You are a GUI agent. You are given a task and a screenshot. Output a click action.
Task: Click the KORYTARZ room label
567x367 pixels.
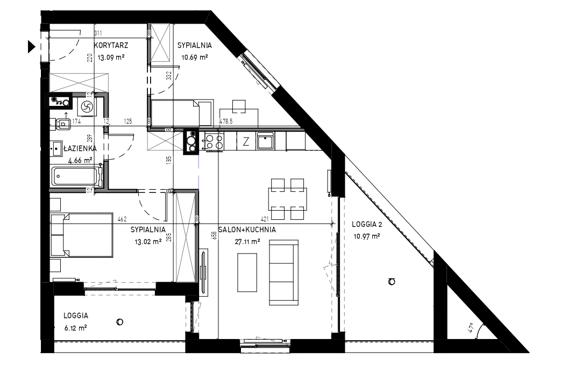[111, 46]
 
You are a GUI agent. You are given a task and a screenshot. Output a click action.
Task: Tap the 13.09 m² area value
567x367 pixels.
[111, 57]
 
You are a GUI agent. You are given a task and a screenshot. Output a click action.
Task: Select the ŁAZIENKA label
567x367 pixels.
[80, 148]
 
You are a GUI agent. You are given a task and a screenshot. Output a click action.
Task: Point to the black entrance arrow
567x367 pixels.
[31, 47]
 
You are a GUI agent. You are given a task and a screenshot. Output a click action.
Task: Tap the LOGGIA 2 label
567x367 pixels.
[367, 224]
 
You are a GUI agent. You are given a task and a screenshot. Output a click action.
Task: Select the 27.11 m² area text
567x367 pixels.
[247, 242]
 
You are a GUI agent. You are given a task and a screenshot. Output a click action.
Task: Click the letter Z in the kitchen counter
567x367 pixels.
[246, 142]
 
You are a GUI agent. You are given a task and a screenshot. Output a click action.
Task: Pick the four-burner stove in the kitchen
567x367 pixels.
[214, 141]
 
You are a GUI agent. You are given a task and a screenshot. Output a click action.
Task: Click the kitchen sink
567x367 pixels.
[266, 141]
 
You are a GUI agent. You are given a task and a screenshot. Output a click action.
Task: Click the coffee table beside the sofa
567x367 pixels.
[247, 272]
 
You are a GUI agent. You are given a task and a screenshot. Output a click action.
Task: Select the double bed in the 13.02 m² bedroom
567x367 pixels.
[82, 235]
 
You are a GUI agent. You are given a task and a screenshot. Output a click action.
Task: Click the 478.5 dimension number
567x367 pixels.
[226, 121]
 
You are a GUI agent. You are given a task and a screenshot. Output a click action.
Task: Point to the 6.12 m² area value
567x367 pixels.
[75, 328]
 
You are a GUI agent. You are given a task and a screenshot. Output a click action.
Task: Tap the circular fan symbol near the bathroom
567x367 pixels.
[87, 106]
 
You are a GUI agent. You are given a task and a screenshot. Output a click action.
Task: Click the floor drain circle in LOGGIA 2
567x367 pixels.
[392, 282]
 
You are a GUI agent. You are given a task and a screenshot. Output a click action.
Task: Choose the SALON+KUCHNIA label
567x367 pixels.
[247, 230]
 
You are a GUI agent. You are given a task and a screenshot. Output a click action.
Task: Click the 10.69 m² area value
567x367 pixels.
[195, 57]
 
